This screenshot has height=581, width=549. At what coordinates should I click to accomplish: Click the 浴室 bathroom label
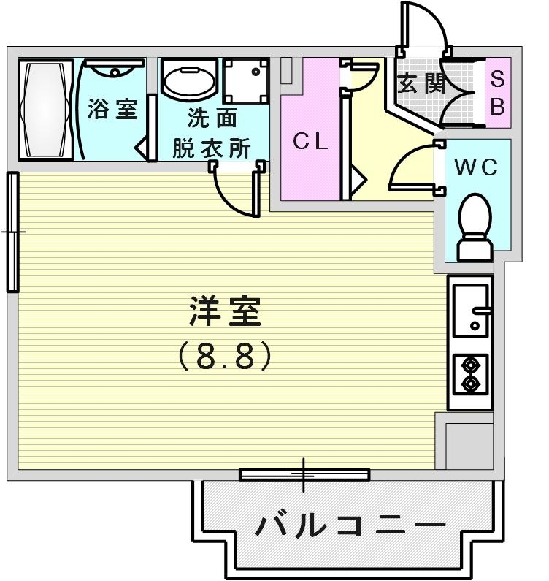[112, 110]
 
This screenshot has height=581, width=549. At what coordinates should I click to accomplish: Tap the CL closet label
[310, 142]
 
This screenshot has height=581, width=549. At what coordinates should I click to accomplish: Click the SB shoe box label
[497, 93]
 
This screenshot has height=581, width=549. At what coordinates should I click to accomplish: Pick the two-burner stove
[470, 373]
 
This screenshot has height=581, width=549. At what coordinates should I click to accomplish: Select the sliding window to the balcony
[304, 475]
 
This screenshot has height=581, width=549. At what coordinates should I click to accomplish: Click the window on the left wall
[12, 232]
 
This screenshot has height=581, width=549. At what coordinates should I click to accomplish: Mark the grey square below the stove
[468, 445]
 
